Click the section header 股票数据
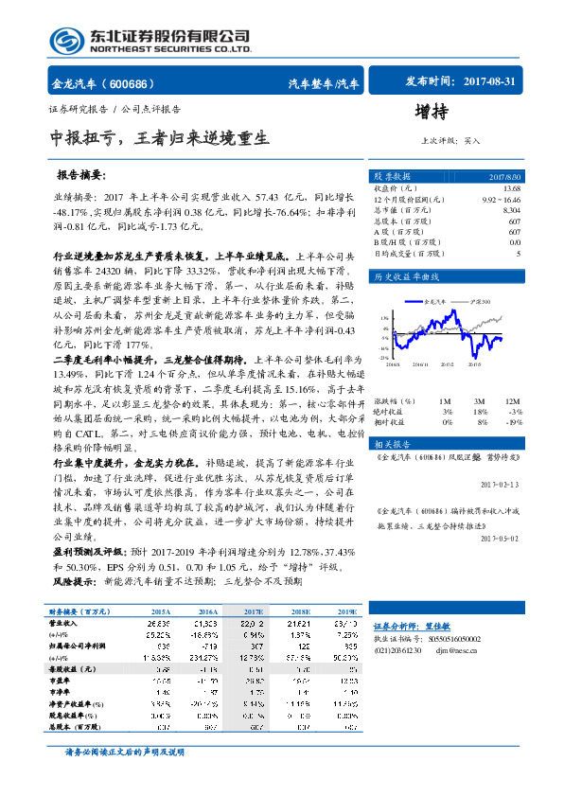point(393,176)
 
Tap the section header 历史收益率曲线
point(406,277)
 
